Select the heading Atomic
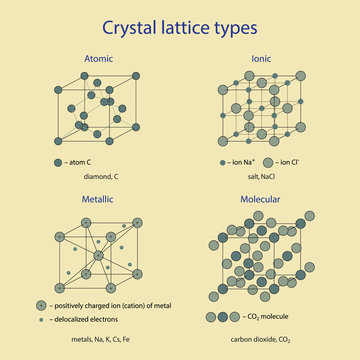click(99, 57)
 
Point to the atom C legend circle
click(58, 161)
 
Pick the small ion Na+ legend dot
click(221, 161)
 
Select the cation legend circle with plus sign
click(41, 304)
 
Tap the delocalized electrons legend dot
click(41, 319)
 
